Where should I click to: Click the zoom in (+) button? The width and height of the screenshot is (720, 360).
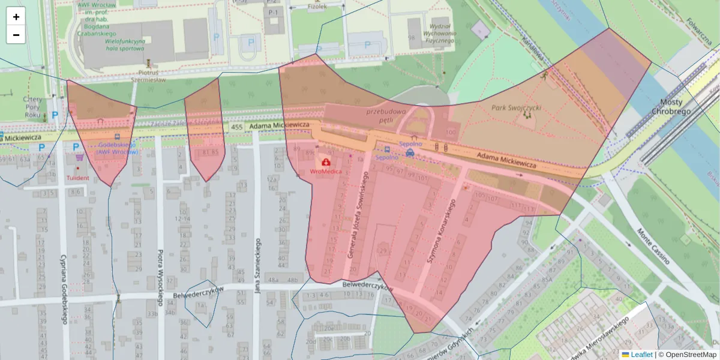click(16, 17)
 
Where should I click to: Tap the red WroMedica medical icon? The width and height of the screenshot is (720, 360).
click(326, 161)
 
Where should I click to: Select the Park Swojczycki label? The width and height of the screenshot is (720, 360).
click(516, 108)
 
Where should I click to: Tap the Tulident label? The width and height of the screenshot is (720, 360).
click(78, 178)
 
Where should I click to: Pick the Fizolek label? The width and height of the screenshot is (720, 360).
click(317, 7)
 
